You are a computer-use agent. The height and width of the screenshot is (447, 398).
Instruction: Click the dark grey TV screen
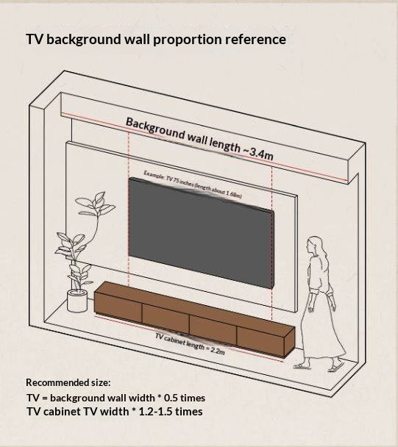pyautogui.click(x=201, y=233)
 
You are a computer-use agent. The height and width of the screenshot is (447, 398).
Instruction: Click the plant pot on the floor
pyautogui.click(x=77, y=301)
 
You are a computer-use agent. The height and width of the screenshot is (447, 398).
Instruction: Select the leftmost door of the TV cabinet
pyautogui.click(x=118, y=308)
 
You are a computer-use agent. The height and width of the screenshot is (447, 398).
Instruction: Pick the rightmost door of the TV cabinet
pyautogui.click(x=260, y=342)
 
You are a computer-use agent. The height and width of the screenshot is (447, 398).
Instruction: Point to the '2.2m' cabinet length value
pyautogui.click(x=218, y=351)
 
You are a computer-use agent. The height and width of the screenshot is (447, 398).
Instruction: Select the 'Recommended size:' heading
pyautogui.click(x=68, y=382)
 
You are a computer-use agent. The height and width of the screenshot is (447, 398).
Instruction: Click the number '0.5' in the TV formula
pyautogui.click(x=172, y=398)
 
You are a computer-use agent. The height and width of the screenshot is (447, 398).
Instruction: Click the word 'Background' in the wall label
pyautogui.click(x=155, y=129)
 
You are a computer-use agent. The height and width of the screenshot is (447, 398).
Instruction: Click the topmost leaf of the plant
pyautogui.click(x=99, y=197)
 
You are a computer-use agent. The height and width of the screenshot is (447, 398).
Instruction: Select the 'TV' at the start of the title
pyautogui.click(x=35, y=39)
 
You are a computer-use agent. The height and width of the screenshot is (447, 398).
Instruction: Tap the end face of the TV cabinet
pyautogui.click(x=290, y=342)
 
